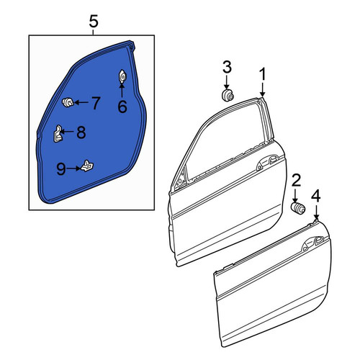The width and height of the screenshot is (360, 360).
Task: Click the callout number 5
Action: [x=94, y=22]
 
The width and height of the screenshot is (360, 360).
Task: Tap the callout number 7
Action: [x=96, y=103]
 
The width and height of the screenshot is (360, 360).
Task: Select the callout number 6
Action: [x=122, y=107]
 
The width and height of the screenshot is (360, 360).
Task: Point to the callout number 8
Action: [x=81, y=132]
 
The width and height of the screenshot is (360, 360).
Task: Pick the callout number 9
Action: [x=61, y=168]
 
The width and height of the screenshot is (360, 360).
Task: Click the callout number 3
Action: [x=227, y=67]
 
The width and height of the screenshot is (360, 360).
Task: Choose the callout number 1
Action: [x=263, y=74]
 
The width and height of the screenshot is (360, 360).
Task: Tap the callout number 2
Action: [x=296, y=181]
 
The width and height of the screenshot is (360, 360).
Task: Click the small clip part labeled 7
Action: [x=68, y=102]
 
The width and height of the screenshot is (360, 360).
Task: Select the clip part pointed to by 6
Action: [x=122, y=76]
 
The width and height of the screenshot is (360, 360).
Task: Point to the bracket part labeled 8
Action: [x=57, y=134]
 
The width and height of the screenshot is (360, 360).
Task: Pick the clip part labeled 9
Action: [x=87, y=166]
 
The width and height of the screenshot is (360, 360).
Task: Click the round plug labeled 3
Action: [x=228, y=96]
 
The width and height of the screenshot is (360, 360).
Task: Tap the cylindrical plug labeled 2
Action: [x=298, y=208]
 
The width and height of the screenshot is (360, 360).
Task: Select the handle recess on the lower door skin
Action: [x=312, y=243]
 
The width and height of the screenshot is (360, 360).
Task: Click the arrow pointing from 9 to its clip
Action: [x=73, y=168]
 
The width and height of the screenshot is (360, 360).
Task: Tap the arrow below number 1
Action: [x=263, y=89]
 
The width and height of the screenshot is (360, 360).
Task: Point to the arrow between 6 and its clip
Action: [x=122, y=91]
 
